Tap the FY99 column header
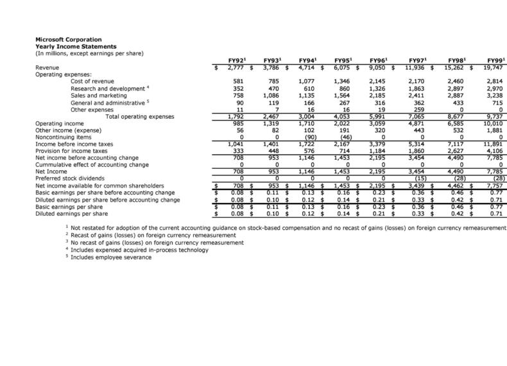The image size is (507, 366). (495, 60)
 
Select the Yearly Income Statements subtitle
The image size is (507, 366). (74, 46)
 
